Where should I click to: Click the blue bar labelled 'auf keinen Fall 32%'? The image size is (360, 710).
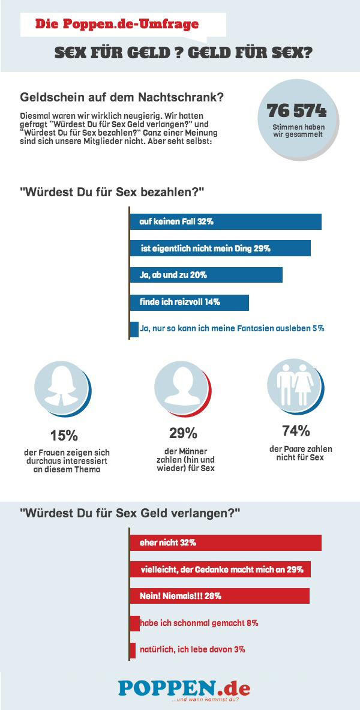click(x=226, y=221)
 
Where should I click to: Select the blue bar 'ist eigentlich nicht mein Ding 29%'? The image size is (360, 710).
click(x=220, y=248)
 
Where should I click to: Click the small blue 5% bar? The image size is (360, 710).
click(x=134, y=329)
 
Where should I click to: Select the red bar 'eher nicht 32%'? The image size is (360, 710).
click(x=226, y=542)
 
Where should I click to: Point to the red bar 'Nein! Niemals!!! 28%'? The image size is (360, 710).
click(x=220, y=596)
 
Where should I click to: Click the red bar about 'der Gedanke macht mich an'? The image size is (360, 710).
click(x=220, y=569)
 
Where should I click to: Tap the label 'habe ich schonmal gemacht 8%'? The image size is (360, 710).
click(x=199, y=623)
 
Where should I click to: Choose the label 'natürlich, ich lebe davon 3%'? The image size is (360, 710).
click(x=192, y=649)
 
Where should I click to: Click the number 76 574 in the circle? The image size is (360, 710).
click(x=296, y=112)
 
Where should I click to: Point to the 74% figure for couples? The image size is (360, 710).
click(x=296, y=430)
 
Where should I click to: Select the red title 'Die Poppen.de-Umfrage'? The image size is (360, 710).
click(x=116, y=25)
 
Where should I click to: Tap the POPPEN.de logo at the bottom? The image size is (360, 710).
click(x=184, y=688)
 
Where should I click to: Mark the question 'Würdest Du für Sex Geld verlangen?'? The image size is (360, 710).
click(x=130, y=514)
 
